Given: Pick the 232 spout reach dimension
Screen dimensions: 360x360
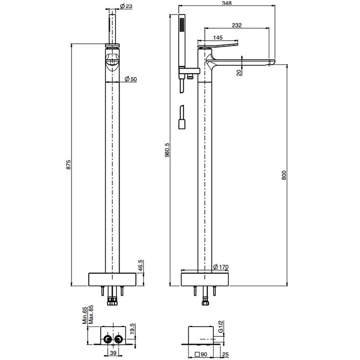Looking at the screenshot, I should pos(236,25).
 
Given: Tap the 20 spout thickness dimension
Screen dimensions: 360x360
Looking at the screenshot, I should pos(239,72).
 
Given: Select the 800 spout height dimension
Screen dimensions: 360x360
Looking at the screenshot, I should pos(284,176).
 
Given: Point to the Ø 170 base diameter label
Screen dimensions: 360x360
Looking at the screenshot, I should pos(222,267).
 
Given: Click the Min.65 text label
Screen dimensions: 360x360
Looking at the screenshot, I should pos(84,316).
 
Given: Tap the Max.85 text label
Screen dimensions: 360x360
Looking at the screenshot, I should pos(90,316).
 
